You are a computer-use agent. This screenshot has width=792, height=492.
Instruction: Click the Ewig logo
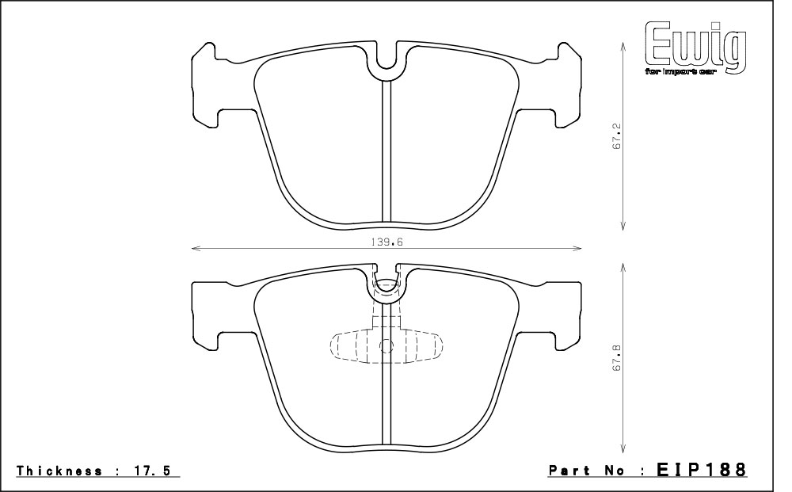point(695,48)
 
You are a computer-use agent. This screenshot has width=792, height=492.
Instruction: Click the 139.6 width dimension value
point(387,242)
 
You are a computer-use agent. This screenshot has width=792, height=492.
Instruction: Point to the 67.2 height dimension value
point(615,136)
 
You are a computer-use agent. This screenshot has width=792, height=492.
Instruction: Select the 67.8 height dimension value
point(615,358)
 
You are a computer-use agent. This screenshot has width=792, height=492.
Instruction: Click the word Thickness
point(59,471)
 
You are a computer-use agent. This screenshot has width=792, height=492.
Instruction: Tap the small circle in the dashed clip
point(386,346)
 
